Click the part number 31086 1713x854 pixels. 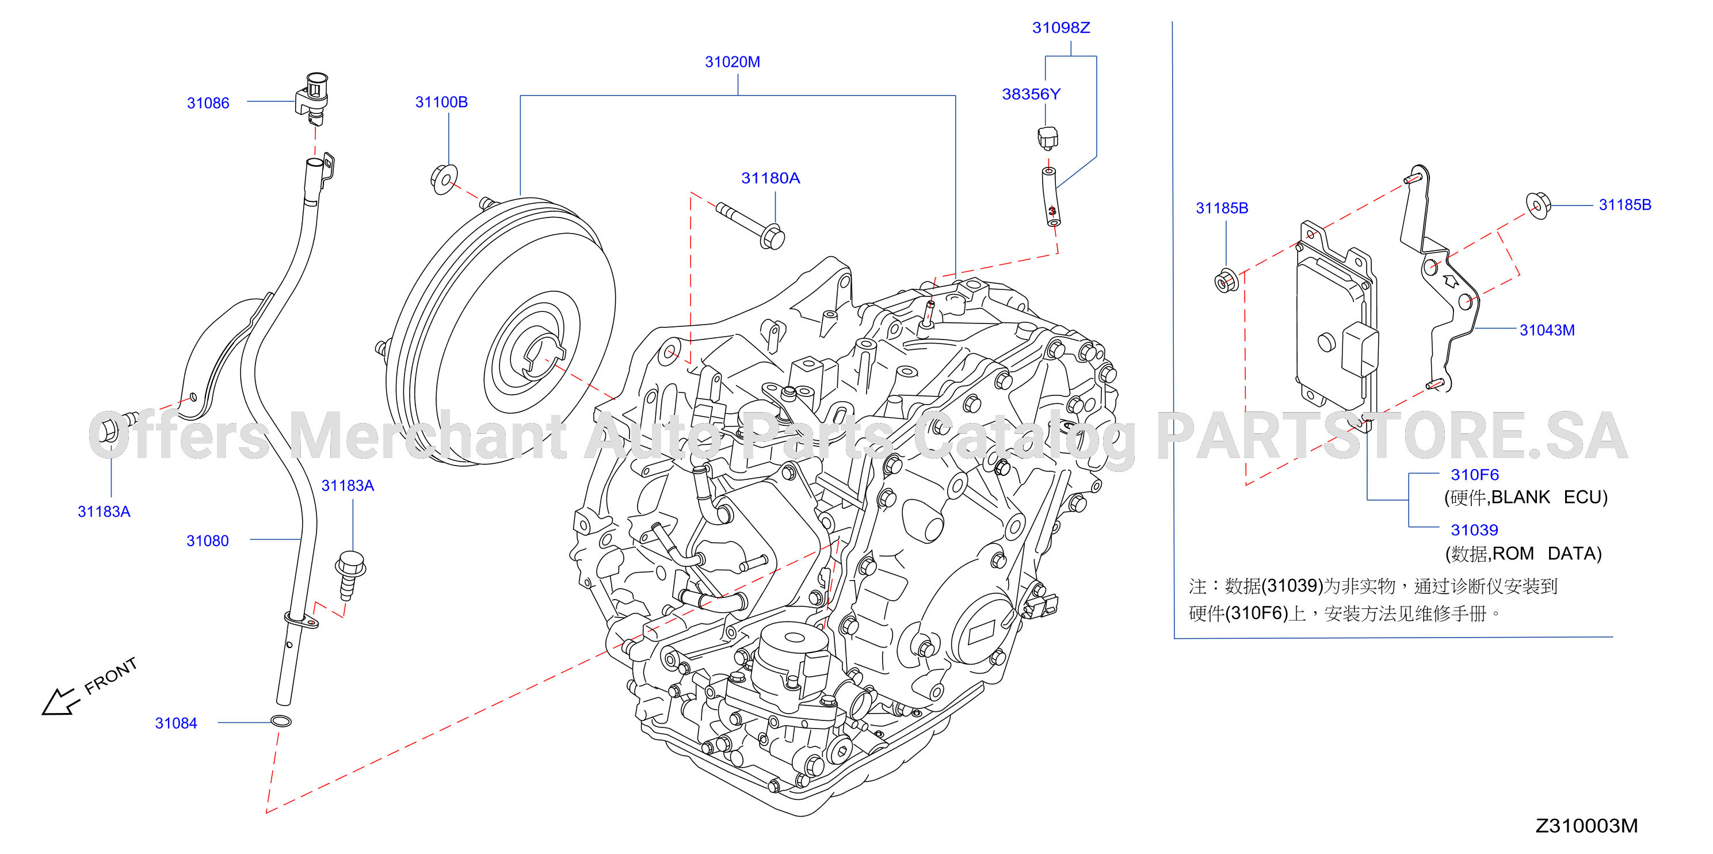[x=208, y=103]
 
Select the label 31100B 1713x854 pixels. [x=441, y=102]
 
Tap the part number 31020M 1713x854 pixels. [x=732, y=62]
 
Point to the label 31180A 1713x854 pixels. [x=770, y=178]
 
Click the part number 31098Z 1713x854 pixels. [x=1060, y=27]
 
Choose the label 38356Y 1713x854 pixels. [x=1031, y=94]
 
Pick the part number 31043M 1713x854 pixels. [x=1547, y=330]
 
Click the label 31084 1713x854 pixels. [x=176, y=723]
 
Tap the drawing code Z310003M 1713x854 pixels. [x=1586, y=825]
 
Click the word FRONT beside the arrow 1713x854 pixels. [x=111, y=675]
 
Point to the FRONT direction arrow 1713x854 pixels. [x=60, y=701]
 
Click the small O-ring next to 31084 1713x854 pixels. [x=281, y=721]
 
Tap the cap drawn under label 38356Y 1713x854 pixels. [x=1047, y=138]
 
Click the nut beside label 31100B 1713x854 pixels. [x=444, y=178]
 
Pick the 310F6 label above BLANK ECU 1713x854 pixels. [x=1474, y=475]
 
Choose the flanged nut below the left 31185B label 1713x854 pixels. [x=1226, y=281]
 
